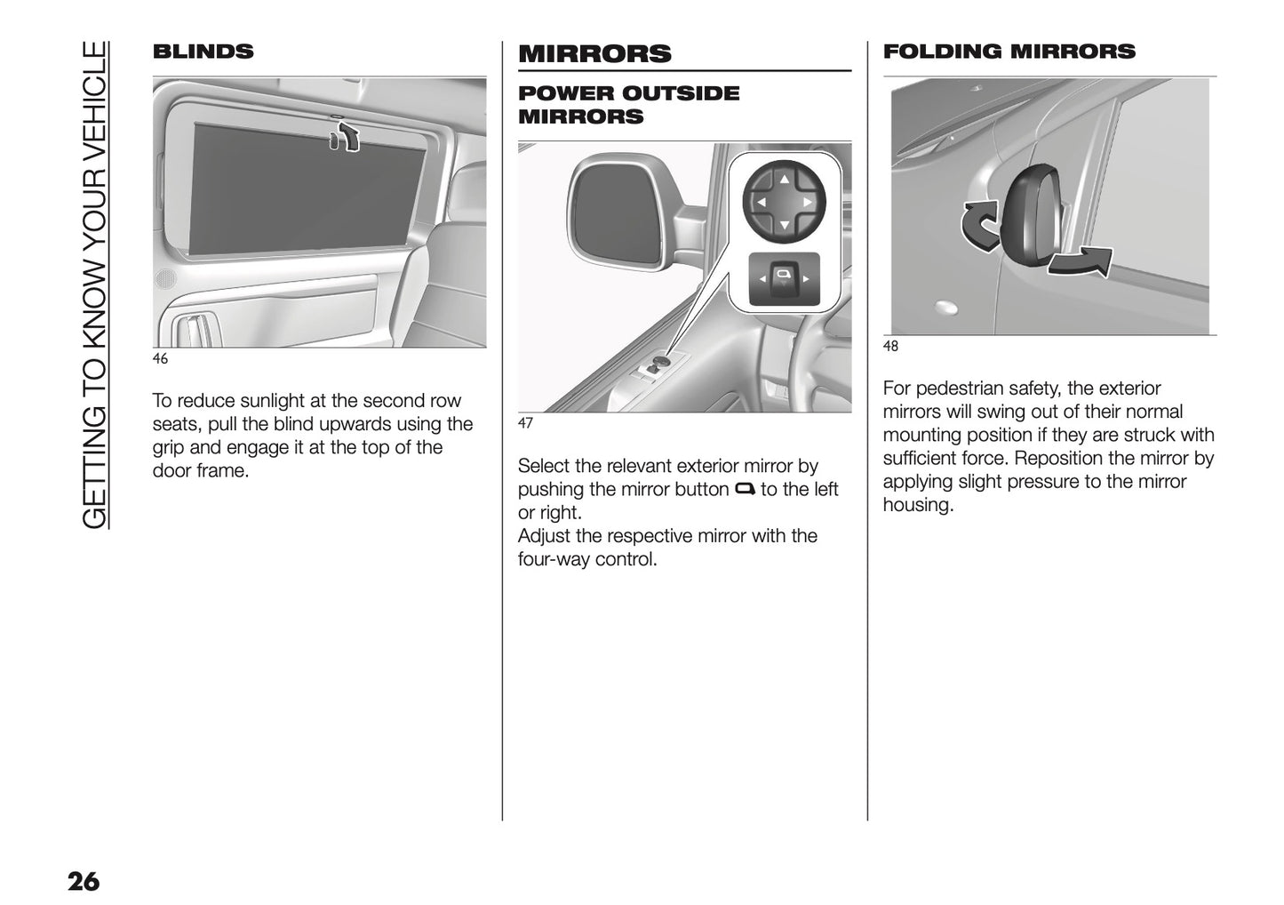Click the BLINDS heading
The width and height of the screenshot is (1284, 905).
click(x=203, y=52)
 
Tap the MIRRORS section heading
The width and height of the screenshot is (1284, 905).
click(x=594, y=53)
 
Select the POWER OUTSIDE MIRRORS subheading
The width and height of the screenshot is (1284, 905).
click(x=628, y=105)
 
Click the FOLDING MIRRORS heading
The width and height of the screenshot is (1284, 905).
click(x=1009, y=52)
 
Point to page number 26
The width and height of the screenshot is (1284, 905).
click(x=84, y=882)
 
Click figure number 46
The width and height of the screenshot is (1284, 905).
click(x=160, y=359)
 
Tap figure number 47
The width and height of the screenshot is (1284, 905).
click(x=525, y=423)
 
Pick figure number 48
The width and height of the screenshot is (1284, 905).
click(x=890, y=347)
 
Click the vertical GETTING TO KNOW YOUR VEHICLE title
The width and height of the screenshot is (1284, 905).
click(x=94, y=284)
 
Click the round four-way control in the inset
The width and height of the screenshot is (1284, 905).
click(x=784, y=203)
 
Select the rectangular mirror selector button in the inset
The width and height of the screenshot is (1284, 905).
click(x=784, y=279)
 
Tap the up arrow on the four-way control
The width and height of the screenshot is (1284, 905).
click(x=784, y=180)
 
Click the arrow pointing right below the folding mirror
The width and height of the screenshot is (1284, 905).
click(x=1081, y=264)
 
